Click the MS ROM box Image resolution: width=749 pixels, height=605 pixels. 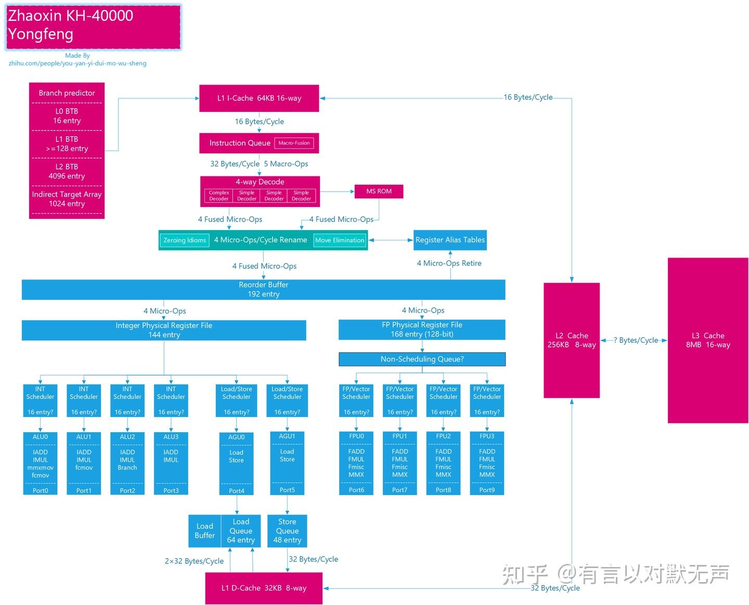(x=379, y=191)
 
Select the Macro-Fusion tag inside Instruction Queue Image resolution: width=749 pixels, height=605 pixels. (x=294, y=143)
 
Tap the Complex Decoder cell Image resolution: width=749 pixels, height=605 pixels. (x=219, y=196)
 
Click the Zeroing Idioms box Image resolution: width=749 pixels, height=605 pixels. (x=185, y=240)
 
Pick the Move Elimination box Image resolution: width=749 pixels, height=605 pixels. (x=340, y=240)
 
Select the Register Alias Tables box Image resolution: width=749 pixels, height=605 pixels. (x=450, y=240)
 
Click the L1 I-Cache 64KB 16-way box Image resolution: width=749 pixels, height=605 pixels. (x=259, y=98)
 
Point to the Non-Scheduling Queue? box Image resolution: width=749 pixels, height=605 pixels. (x=422, y=359)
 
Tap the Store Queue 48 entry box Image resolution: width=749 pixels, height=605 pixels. (x=287, y=531)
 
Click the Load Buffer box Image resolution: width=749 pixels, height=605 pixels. (x=204, y=531)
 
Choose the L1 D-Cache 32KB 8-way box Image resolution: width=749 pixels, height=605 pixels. (x=264, y=588)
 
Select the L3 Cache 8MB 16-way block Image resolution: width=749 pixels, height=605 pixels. (x=708, y=340)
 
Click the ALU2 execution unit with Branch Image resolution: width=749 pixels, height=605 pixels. (x=127, y=463)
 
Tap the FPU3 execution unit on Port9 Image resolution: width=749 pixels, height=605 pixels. (x=487, y=463)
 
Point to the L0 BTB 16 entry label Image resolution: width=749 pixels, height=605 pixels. (x=67, y=116)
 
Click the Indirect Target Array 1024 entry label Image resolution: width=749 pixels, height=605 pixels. (x=67, y=199)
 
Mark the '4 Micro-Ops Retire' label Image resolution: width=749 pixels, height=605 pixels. (x=449, y=263)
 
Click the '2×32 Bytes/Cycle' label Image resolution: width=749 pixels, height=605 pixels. (x=194, y=561)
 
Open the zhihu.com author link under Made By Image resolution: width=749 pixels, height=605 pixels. (x=78, y=63)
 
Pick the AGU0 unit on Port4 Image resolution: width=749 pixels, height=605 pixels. (x=237, y=463)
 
